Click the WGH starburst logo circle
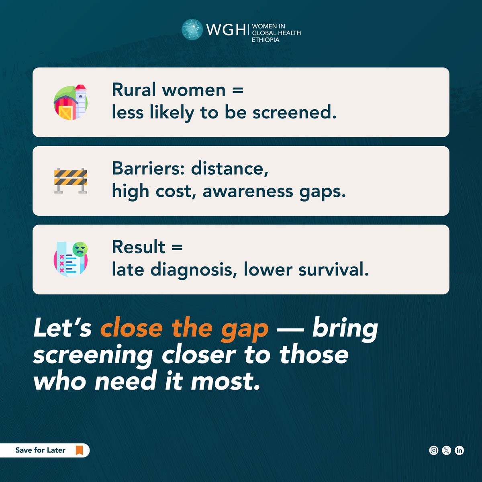point(192,30)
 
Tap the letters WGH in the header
point(225,30)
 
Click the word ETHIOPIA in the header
point(266,40)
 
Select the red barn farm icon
point(71,102)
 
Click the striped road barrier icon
point(71,181)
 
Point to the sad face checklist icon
point(71,259)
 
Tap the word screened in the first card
point(294,112)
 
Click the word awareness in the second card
point(248,191)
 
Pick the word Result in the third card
point(139,247)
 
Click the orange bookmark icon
point(79,450)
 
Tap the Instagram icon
point(434,450)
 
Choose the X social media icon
point(447,450)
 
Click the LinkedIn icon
point(460,450)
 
